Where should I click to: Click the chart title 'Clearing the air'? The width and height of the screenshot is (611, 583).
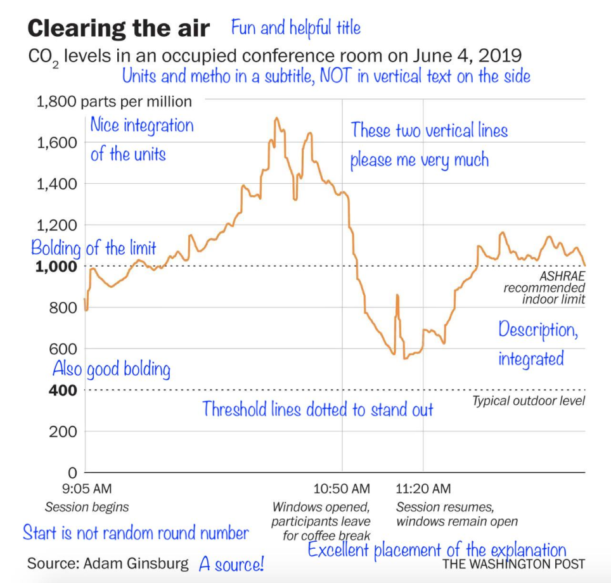119,29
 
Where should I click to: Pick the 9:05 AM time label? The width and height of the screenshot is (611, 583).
87,489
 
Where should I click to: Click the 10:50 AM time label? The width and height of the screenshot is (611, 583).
342,489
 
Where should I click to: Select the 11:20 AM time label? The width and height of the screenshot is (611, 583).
423,489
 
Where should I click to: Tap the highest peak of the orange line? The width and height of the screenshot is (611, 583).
276,119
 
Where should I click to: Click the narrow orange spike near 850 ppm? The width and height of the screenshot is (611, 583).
397,295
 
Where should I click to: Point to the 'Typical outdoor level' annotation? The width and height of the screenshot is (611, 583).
529,400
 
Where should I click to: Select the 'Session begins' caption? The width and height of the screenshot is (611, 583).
87,507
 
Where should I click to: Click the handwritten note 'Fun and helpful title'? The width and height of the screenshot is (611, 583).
296,28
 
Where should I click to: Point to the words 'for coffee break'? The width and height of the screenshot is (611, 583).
326,536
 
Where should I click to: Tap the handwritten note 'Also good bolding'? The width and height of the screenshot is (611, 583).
111,369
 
